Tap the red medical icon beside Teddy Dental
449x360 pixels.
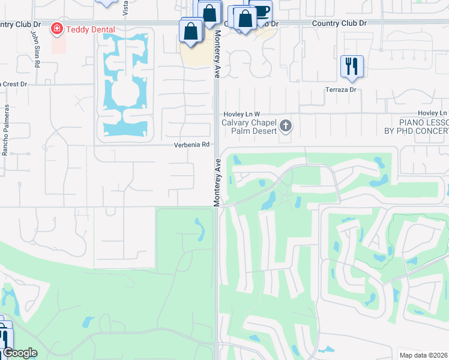click(x=57, y=28)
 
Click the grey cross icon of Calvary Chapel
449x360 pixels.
click(x=286, y=127)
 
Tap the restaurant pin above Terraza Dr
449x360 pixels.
click(x=351, y=65)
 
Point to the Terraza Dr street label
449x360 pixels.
click(x=341, y=89)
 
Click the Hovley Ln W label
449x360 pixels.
click(x=241, y=113)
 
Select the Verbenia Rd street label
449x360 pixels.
click(x=191, y=145)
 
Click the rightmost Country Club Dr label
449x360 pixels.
click(x=338, y=23)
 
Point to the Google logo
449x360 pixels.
click(x=19, y=353)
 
